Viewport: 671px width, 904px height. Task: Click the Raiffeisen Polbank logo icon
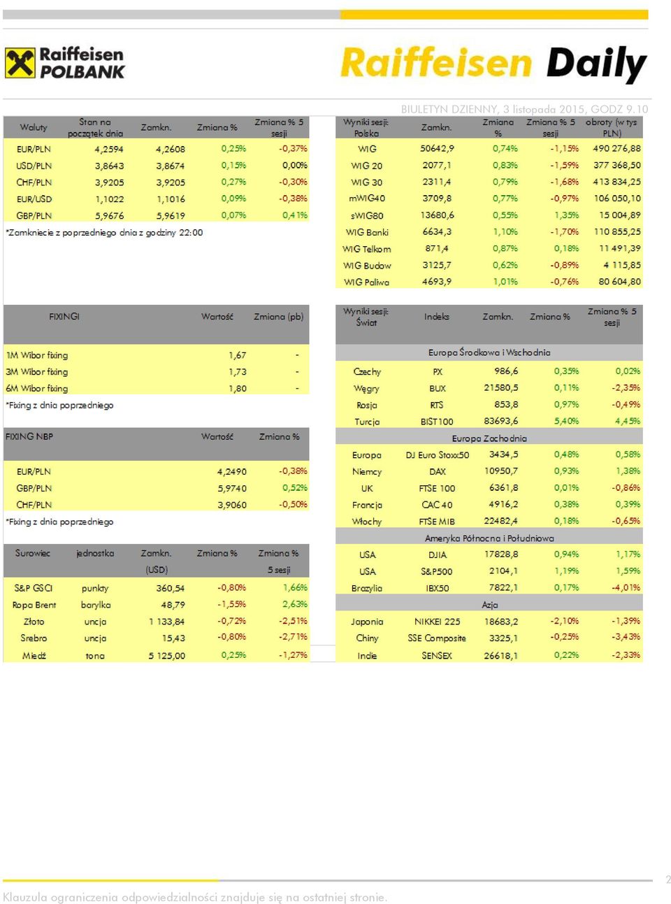(x=20, y=62)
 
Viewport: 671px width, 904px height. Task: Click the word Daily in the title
(x=596, y=64)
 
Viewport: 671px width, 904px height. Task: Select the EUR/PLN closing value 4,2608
(x=171, y=149)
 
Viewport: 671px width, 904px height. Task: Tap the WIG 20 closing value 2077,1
(x=437, y=165)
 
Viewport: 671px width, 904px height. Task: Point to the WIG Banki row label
(x=367, y=232)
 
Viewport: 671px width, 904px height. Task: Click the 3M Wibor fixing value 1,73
(x=237, y=372)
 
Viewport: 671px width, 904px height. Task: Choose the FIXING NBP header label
(x=29, y=436)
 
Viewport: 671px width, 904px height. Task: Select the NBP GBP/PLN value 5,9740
(x=232, y=488)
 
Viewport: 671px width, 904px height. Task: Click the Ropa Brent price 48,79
(x=173, y=605)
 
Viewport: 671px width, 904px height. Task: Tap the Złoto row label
(x=34, y=622)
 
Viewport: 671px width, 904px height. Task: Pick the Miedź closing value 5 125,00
(x=167, y=656)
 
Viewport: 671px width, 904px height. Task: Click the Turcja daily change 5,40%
(x=566, y=421)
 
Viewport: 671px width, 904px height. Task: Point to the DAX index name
(x=437, y=471)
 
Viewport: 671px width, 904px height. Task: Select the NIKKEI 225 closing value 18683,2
(x=501, y=622)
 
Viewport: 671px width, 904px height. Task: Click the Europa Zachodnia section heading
(x=489, y=438)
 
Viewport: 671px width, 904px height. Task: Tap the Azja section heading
(x=489, y=605)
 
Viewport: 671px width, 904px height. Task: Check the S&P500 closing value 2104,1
(x=503, y=571)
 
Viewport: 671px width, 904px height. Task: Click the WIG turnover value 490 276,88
(x=616, y=148)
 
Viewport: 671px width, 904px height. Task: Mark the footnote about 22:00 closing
(x=104, y=233)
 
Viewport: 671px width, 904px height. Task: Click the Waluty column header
(x=34, y=127)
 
